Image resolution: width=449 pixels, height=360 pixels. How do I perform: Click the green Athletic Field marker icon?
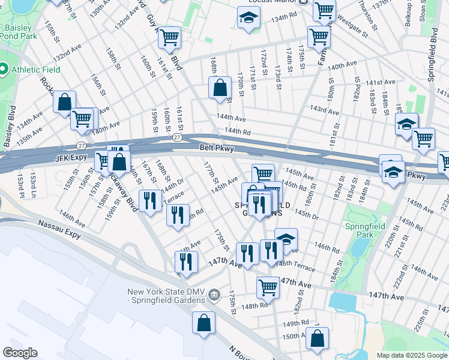(x=4, y=69)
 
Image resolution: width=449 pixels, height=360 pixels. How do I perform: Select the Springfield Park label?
(x=360, y=230)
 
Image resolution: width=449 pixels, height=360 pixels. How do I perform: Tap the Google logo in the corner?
(x=20, y=353)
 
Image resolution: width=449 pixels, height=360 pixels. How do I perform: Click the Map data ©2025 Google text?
(x=411, y=355)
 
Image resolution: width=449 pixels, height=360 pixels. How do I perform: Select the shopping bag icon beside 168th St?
(x=220, y=88)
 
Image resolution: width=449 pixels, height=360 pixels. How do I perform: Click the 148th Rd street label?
(x=255, y=306)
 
